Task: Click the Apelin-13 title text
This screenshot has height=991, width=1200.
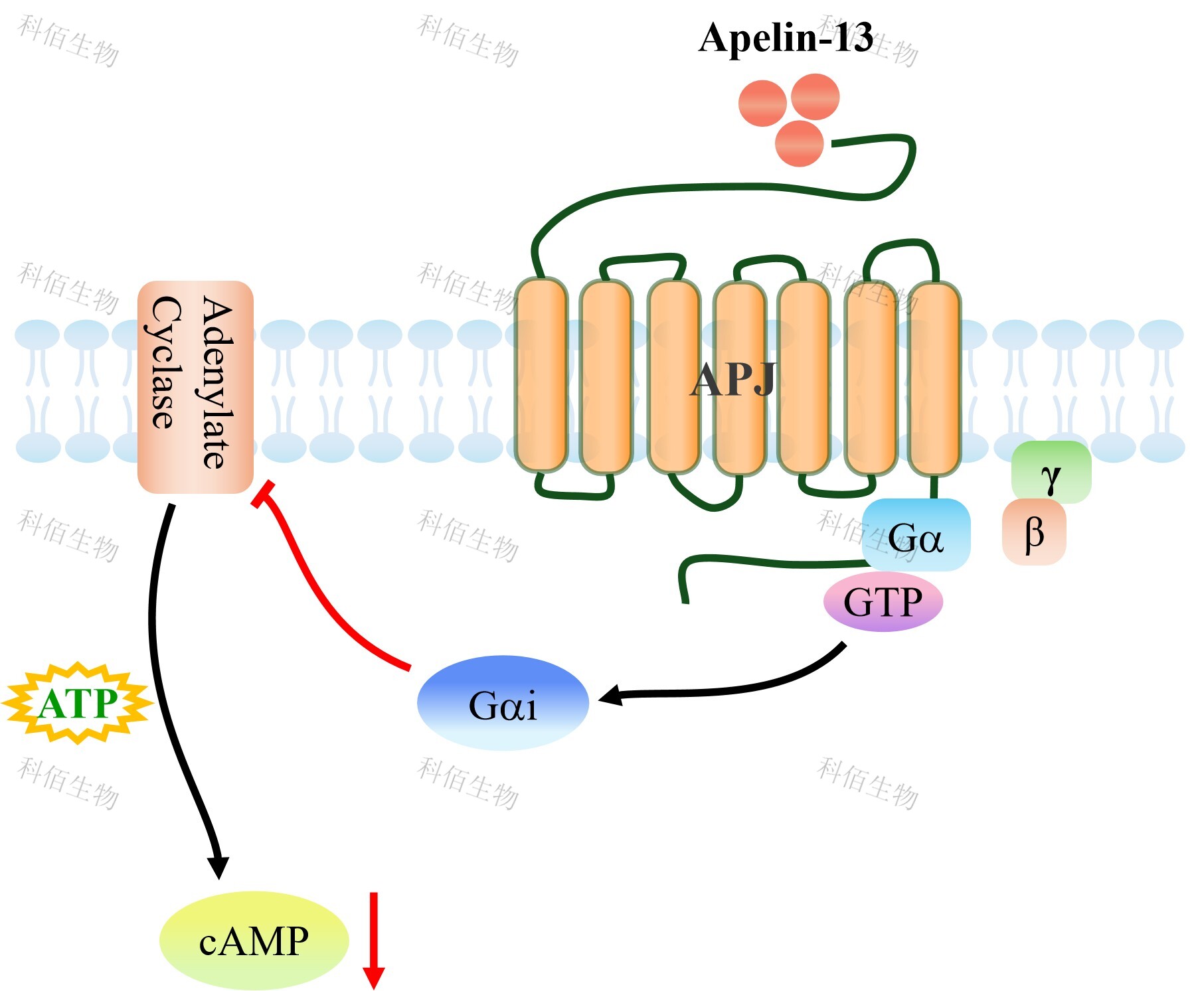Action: coord(786,37)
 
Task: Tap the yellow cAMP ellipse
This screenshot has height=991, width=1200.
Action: coord(254,940)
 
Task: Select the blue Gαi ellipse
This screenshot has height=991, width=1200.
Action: coord(503,703)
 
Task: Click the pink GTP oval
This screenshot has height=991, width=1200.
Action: coord(883,601)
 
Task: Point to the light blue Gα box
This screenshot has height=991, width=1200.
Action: coord(916,535)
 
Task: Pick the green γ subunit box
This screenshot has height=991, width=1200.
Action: coord(1051,472)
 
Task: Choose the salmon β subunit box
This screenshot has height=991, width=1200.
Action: coord(1034,532)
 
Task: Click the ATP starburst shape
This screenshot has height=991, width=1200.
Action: coord(78,703)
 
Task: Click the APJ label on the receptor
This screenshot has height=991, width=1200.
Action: coord(733,380)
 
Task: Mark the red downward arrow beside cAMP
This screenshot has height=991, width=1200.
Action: coord(374,939)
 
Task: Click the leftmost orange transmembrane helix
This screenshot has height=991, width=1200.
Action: coord(541,375)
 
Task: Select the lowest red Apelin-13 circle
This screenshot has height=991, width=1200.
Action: coord(799,143)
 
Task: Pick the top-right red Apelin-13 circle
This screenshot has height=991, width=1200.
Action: coord(815,97)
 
